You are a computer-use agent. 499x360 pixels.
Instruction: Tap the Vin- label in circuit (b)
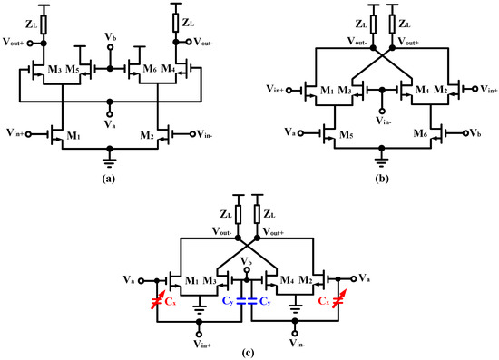(x=381, y=118)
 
